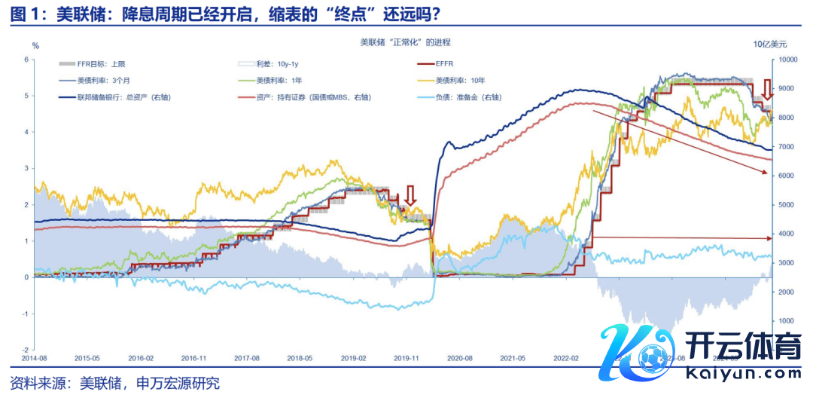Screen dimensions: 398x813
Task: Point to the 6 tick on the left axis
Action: [26, 60]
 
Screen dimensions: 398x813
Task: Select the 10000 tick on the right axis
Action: [787, 60]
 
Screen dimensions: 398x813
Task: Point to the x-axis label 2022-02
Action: [566, 360]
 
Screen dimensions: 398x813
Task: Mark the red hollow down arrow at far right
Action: [766, 88]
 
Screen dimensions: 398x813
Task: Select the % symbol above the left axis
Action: [35, 45]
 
